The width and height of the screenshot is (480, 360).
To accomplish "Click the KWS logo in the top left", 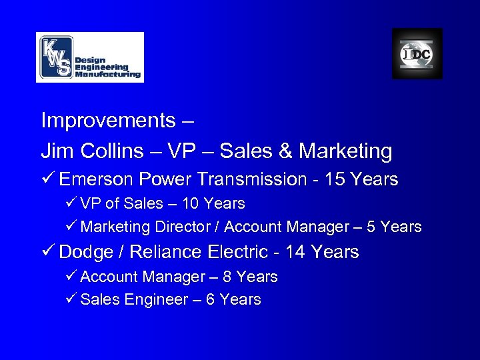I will pos(89,57).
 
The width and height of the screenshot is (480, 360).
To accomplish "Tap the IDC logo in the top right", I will pos(417,54).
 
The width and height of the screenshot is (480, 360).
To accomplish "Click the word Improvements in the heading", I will pos(107,121).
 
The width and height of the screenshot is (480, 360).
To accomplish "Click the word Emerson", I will pos(97,179).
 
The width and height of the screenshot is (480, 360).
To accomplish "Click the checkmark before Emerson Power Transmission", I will pos(47,179).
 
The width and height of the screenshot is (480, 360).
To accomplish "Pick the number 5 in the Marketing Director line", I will pos(371,227).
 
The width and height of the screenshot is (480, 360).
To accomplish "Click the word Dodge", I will pos(85,252).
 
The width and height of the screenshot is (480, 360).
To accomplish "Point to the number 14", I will pos(293,252).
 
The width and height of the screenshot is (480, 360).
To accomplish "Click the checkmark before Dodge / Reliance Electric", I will pos(47,252).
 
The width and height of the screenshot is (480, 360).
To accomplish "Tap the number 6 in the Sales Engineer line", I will pos(210,300).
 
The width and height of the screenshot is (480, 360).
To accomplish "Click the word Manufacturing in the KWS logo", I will pos(108,74).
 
